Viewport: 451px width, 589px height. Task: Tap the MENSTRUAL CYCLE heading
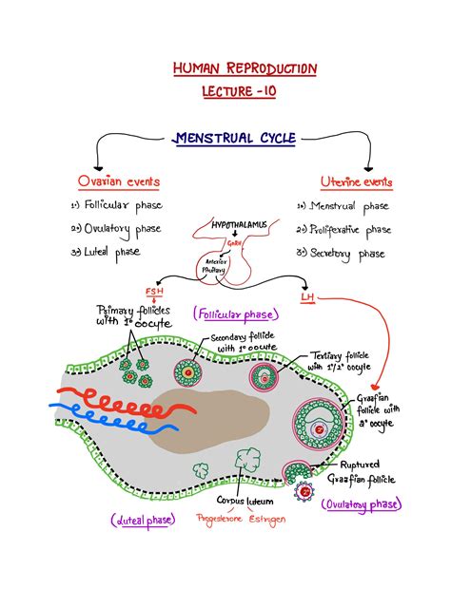point(235,138)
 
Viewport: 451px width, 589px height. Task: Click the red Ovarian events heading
point(120,181)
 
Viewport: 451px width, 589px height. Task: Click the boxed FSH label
point(154,291)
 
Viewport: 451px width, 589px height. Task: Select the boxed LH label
point(307,297)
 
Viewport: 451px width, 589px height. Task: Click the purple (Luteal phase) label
point(142,519)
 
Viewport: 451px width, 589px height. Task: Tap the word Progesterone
point(222,519)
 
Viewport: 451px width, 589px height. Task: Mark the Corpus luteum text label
point(245,500)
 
